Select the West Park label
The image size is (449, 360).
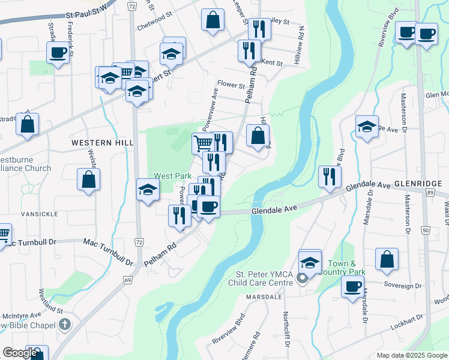172,176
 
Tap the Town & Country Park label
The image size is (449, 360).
346,268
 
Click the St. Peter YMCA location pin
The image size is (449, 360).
303,277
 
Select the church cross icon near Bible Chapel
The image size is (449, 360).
65,325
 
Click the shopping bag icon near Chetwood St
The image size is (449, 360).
212,20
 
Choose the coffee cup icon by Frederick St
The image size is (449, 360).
58,52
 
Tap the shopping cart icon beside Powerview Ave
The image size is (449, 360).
203,143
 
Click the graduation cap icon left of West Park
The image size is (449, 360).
148,190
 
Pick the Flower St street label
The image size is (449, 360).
231,85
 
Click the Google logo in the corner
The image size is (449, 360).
20,353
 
